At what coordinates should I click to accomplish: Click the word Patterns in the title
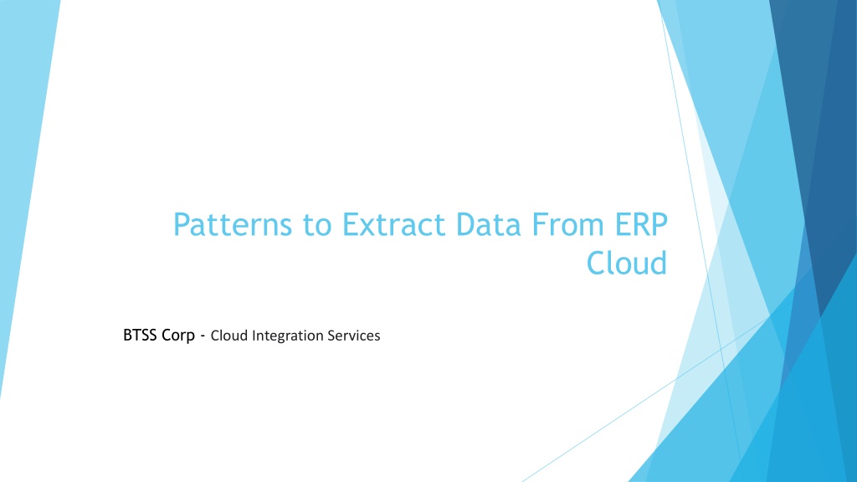coord(233,224)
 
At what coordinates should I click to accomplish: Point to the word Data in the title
coord(489,224)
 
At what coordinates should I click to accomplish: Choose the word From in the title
coord(568,224)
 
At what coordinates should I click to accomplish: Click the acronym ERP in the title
coord(641,224)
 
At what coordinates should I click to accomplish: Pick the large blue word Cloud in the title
coord(627,263)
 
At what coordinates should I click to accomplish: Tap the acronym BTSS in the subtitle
coord(140,335)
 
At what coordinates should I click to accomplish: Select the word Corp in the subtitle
coord(178,336)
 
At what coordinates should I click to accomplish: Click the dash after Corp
coord(203,336)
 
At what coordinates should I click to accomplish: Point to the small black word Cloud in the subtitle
coord(229,336)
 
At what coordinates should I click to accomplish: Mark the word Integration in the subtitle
coord(288,336)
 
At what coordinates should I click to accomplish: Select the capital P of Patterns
coord(182,224)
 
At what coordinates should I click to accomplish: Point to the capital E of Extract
coord(351,224)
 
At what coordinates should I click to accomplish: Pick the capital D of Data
coord(466,224)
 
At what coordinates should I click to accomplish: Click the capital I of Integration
coord(254,336)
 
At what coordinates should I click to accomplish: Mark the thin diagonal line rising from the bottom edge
coord(645,399)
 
